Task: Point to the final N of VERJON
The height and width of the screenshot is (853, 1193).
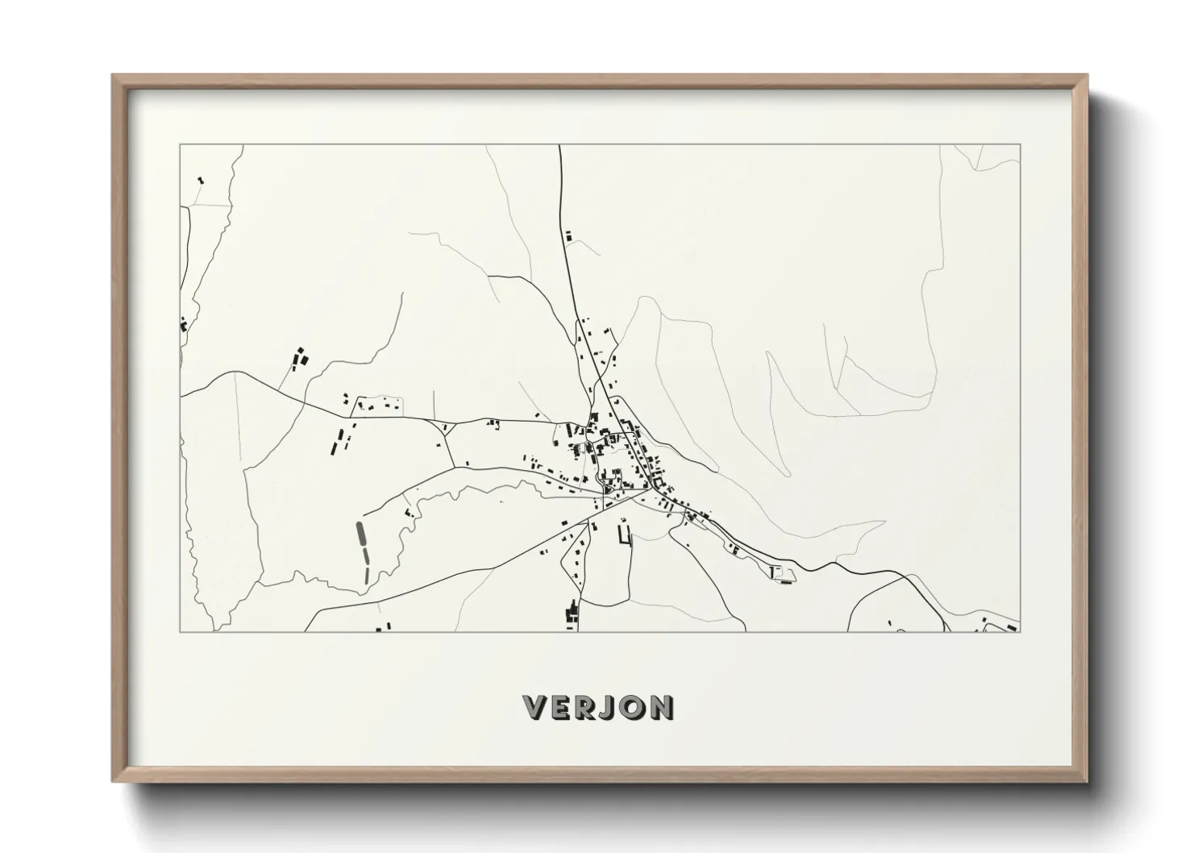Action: (661, 709)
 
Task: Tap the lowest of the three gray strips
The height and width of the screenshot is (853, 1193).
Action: (368, 574)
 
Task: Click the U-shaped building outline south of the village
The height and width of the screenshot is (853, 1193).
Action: (624, 535)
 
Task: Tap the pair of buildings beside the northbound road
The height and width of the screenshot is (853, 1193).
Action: (568, 236)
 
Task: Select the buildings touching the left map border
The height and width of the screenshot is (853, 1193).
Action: (185, 325)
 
